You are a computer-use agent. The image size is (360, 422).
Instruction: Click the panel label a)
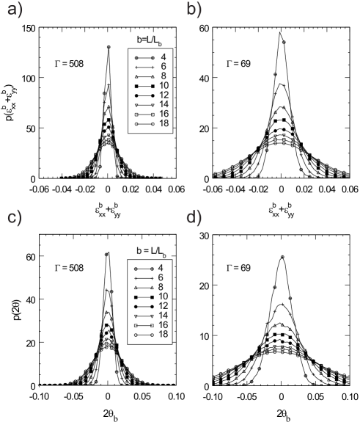[15, 11]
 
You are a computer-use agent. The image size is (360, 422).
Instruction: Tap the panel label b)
[194, 10]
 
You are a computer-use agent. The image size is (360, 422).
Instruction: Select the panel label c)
[15, 219]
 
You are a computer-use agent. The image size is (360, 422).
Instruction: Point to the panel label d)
[194, 219]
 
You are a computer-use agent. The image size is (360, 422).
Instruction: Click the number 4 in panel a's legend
[163, 57]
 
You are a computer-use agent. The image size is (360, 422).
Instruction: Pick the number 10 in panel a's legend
[164, 86]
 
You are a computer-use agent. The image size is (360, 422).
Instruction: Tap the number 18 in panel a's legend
[164, 124]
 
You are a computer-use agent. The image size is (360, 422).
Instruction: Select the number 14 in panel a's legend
[164, 105]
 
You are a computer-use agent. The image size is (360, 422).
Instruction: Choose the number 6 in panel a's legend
[163, 66]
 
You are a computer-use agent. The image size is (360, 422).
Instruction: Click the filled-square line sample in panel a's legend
[144, 86]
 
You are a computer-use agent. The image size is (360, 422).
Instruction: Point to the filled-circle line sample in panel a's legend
[144, 95]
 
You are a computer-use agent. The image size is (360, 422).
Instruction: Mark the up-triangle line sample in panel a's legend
[144, 76]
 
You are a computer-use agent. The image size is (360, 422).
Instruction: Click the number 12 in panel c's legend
[164, 305]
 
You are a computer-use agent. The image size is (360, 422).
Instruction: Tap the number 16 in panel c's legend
[164, 324]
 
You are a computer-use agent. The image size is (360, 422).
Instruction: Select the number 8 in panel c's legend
[161, 287]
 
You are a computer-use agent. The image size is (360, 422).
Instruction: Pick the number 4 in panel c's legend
[161, 269]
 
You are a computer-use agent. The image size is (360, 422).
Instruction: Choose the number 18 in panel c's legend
[164, 334]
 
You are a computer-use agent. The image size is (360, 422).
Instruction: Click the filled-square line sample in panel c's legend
[143, 297]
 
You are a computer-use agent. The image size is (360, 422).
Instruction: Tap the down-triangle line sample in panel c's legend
[143, 315]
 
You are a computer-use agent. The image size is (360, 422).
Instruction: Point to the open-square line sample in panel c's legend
[143, 324]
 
